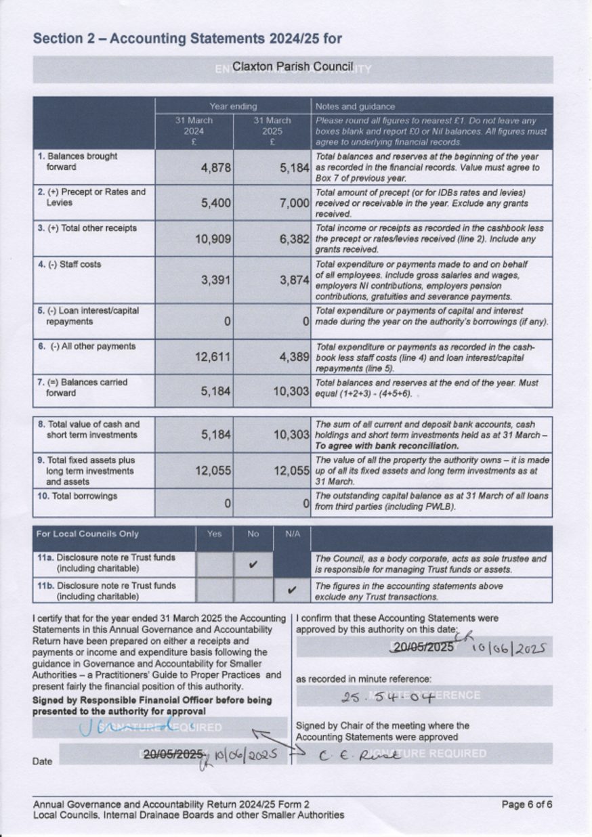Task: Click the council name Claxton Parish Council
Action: point(293,67)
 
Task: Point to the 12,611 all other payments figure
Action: point(213,357)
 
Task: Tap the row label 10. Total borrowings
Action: point(78,496)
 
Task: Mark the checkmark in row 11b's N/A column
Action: point(292,591)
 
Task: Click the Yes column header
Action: point(214,534)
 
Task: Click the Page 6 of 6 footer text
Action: point(526,804)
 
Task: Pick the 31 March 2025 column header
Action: point(272,131)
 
